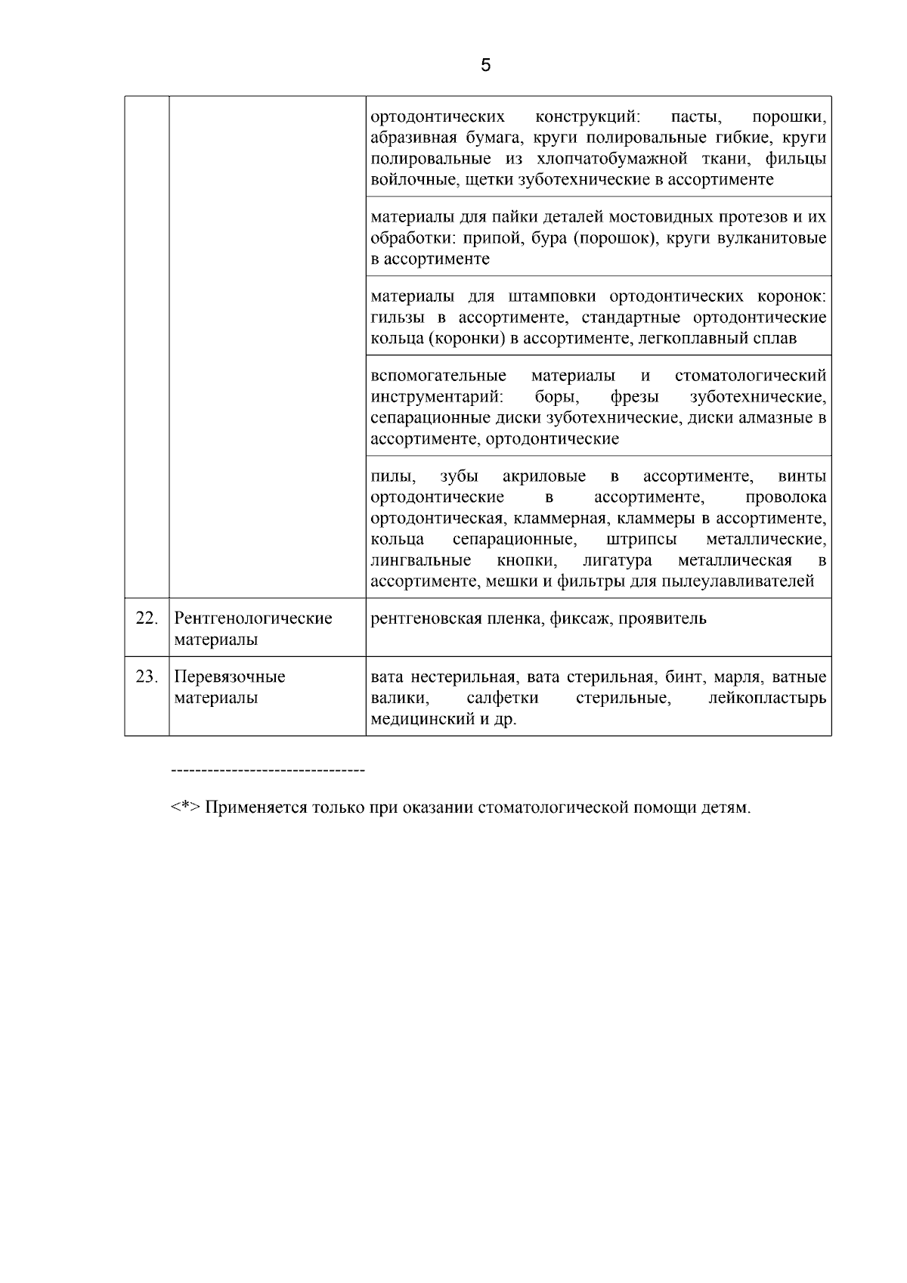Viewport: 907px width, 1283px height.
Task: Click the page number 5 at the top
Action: click(x=485, y=65)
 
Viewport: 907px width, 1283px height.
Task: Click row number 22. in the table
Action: click(x=146, y=618)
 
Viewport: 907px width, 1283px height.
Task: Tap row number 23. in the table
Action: click(x=146, y=677)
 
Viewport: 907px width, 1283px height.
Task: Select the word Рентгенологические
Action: click(x=253, y=618)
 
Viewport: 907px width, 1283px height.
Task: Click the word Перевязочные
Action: click(x=230, y=677)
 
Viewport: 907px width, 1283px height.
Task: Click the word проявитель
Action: click(x=663, y=618)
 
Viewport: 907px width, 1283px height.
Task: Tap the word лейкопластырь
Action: click(x=767, y=698)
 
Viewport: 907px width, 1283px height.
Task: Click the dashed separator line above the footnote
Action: click(x=268, y=770)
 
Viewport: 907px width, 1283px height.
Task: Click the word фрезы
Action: click(x=634, y=397)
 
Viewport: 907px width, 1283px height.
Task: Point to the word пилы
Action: click(x=392, y=476)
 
